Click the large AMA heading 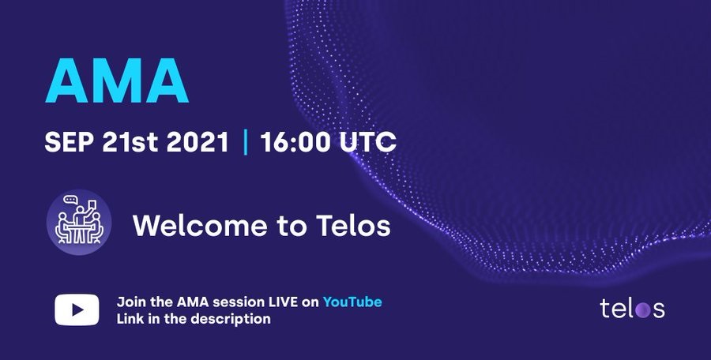(117, 81)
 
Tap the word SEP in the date (69, 142)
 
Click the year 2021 (197, 142)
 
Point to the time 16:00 (295, 142)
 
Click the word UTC (367, 142)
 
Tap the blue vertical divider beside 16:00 (246, 142)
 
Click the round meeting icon (79, 222)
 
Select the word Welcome (200, 225)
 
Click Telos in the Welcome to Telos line (353, 225)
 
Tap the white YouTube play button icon (77, 309)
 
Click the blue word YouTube (352, 302)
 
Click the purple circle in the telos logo (642, 310)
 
